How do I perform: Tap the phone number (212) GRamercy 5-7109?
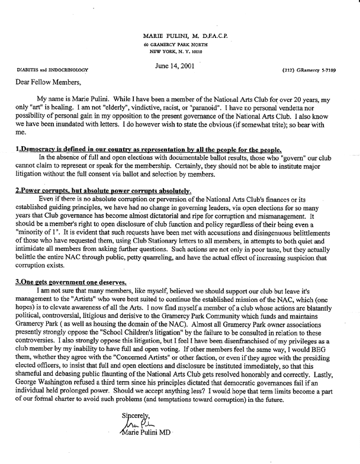[316, 69]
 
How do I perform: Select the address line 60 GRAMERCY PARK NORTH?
[178, 45]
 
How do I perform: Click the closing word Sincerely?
[136, 416]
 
